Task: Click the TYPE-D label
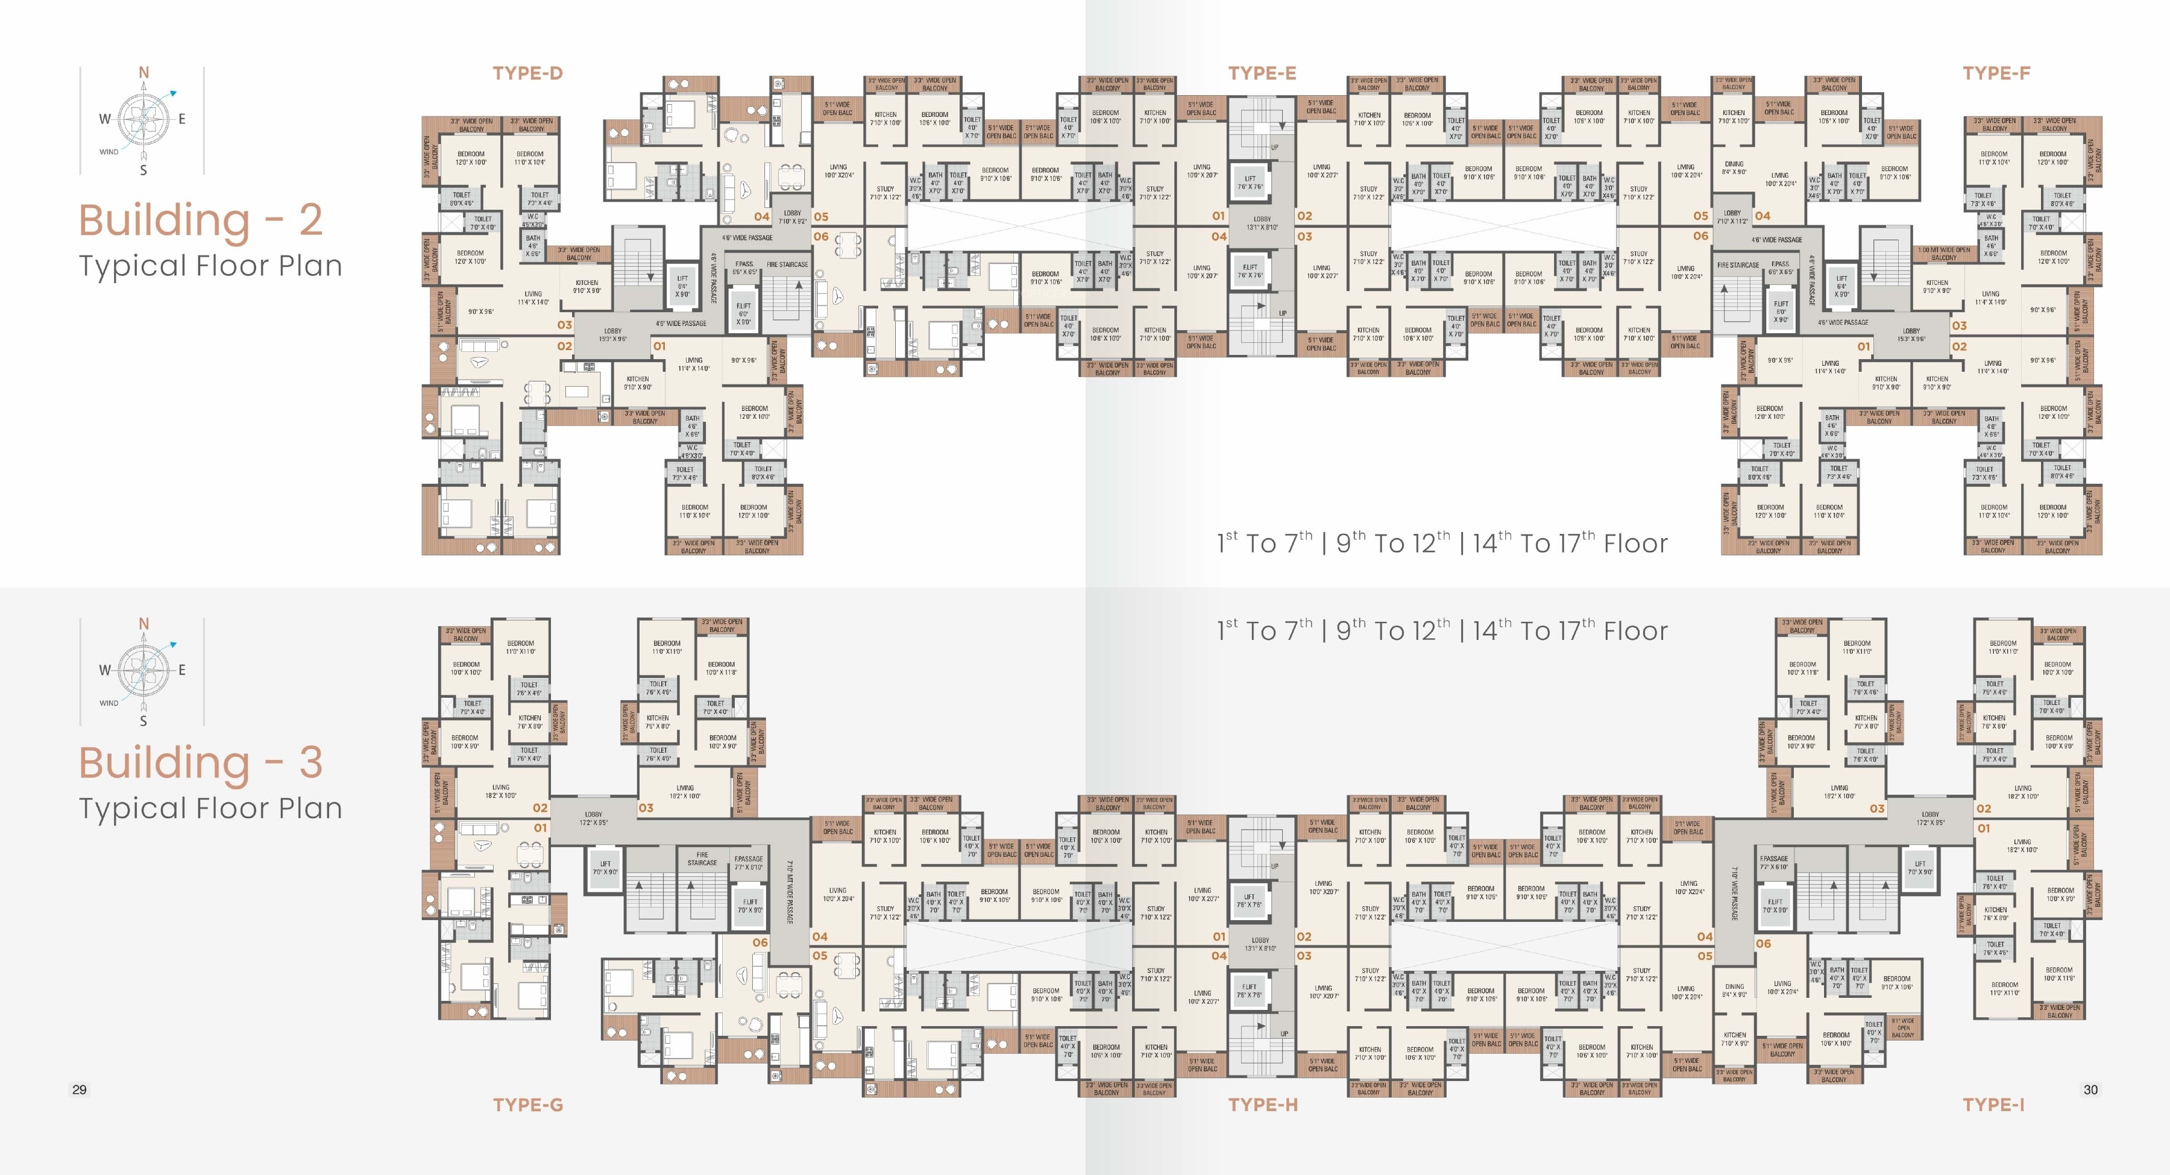pyautogui.click(x=527, y=74)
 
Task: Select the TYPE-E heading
pyautogui.click(x=1261, y=74)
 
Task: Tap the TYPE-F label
pyautogui.click(x=1996, y=74)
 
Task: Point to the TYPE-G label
pyautogui.click(x=527, y=1104)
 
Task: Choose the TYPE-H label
pyautogui.click(x=1262, y=1104)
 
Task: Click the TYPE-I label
pyautogui.click(x=1993, y=1104)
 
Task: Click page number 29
pyautogui.click(x=79, y=1089)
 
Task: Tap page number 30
pyautogui.click(x=2090, y=1089)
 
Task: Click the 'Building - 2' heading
pyautogui.click(x=201, y=220)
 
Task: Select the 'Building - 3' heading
pyautogui.click(x=201, y=762)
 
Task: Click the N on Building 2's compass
pyautogui.click(x=143, y=74)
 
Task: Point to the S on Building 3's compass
pyautogui.click(x=143, y=721)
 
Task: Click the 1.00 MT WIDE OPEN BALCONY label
pyautogui.click(x=1944, y=254)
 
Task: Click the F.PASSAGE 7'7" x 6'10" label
pyautogui.click(x=1773, y=862)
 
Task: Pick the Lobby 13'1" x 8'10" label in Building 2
pyautogui.click(x=1262, y=222)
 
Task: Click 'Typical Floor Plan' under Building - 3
pyautogui.click(x=210, y=808)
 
